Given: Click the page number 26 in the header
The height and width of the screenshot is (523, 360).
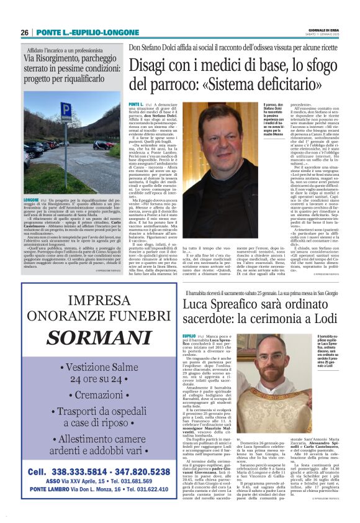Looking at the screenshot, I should pyautogui.click(x=24, y=32).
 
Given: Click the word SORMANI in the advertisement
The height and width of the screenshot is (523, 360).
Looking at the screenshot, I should pyautogui.click(x=90, y=338).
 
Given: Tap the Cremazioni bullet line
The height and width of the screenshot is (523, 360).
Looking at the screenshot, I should pyautogui.click(x=91, y=395).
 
